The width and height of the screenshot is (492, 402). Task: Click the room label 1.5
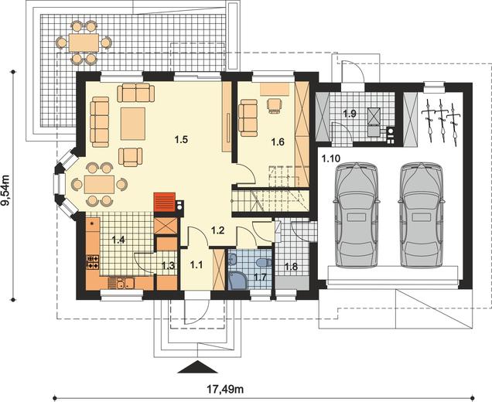[x=181, y=139]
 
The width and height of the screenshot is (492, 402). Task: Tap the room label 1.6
[x=278, y=142]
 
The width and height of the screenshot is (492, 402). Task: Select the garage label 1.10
[x=330, y=158]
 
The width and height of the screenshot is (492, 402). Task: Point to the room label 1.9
[x=350, y=114]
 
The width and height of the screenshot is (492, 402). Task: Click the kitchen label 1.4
[x=118, y=240]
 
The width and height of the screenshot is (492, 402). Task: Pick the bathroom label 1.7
[x=260, y=277]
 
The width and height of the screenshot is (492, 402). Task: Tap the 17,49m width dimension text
[x=225, y=390]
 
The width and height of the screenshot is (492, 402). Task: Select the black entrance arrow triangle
[x=198, y=367]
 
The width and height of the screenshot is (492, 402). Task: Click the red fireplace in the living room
[x=164, y=202]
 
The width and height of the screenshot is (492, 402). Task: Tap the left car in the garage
[x=357, y=215]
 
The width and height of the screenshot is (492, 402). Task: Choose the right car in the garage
[x=422, y=215]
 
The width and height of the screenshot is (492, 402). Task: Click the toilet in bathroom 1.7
[x=263, y=261]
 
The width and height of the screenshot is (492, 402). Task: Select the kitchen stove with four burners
[x=93, y=262]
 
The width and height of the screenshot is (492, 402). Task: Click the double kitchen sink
[x=121, y=284]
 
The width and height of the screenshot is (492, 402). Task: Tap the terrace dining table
[x=84, y=43]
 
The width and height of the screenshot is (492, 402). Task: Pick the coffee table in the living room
[x=133, y=124]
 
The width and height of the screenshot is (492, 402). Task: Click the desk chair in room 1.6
[x=275, y=105]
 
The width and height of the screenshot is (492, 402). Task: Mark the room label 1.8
[x=291, y=267]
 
